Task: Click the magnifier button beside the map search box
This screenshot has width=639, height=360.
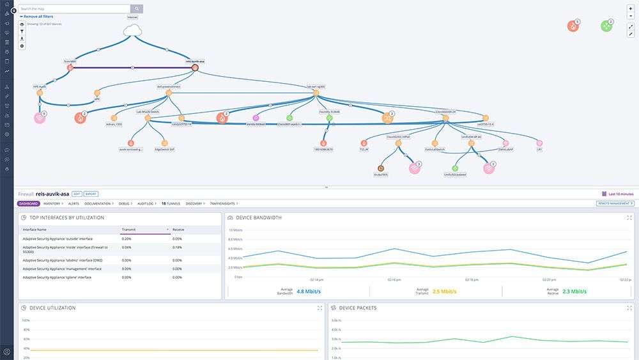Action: pos(137,9)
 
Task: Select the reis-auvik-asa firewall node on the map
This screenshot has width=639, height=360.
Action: pos(195,67)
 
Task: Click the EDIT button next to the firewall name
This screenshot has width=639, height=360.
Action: pos(77,193)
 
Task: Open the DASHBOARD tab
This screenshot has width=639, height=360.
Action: pos(29,203)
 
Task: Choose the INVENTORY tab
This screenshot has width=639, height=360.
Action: pos(52,203)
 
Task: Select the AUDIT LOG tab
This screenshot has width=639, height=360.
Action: pos(146,203)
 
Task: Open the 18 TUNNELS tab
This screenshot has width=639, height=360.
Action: pos(171,203)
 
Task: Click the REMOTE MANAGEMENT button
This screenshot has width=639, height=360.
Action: pos(615,203)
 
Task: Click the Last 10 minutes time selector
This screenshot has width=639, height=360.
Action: pos(618,193)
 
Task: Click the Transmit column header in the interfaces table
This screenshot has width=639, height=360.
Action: pos(144,229)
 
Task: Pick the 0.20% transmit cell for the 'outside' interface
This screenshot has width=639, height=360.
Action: pos(127,238)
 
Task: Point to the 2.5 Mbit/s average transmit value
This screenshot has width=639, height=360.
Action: pos(446,291)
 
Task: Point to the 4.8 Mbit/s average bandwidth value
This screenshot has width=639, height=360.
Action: pos(309,291)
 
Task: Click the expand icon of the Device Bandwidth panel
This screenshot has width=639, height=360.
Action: pos(629,218)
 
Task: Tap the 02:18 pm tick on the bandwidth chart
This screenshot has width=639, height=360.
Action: pos(472,279)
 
